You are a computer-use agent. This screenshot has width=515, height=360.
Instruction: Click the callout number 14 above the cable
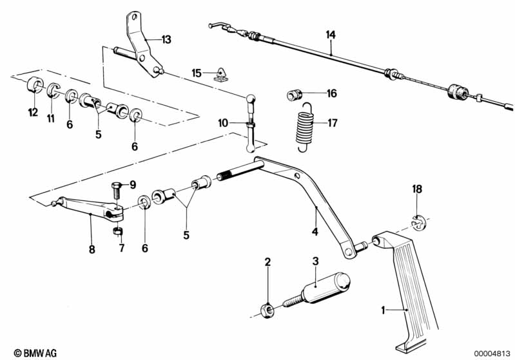coord(331,34)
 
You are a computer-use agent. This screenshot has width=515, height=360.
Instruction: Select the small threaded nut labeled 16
coord(294,96)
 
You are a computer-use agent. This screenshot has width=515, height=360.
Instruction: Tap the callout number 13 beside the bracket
coord(166,40)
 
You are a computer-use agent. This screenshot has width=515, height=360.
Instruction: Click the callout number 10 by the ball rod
coord(223,122)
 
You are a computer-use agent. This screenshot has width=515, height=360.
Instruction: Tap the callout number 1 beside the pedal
coord(383,310)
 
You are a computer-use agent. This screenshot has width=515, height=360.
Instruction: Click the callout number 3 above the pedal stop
coord(316,261)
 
